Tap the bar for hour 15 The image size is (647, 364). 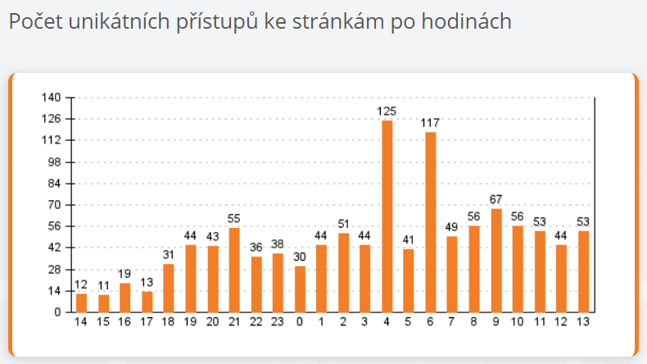(103, 303)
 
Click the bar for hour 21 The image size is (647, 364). (234, 270)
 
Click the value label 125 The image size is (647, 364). (387, 111)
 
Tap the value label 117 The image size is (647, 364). (431, 123)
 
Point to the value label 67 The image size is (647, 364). (496, 199)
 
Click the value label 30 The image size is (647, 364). (300, 257)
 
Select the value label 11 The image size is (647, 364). (103, 285)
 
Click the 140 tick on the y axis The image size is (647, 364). (52, 98)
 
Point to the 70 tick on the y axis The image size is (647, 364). (54, 205)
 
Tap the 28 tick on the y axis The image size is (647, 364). (54, 269)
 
